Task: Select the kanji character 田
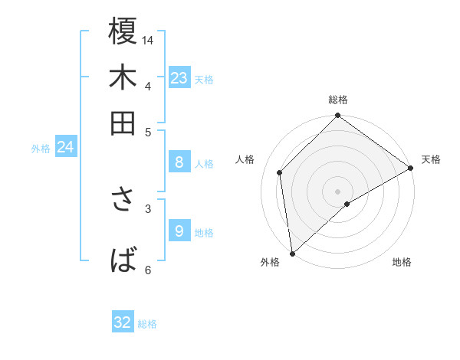click(123, 123)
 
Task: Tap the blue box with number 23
click(179, 78)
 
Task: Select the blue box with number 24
click(65, 147)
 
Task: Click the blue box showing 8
click(179, 162)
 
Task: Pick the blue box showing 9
click(179, 231)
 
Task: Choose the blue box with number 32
click(123, 322)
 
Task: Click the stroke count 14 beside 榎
click(148, 40)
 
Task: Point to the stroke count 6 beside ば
click(148, 270)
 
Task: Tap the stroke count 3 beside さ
click(148, 208)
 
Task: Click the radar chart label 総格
click(338, 100)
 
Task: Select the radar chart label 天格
click(431, 159)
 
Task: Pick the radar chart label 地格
click(402, 263)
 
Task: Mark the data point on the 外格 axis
click(291, 254)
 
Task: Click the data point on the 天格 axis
click(411, 168)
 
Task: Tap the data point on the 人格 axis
click(280, 172)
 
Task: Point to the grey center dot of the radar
click(338, 191)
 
